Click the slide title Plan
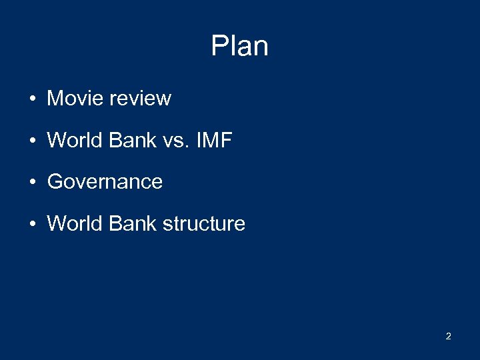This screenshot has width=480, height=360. (x=239, y=47)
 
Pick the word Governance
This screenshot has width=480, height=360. (x=105, y=182)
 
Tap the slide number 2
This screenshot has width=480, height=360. (x=448, y=336)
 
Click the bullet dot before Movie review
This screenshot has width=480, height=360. (x=32, y=99)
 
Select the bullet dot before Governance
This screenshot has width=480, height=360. (x=32, y=183)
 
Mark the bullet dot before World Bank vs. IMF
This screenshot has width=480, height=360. (x=32, y=141)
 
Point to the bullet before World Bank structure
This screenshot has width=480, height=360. (x=32, y=225)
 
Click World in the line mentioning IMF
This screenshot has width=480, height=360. (x=71, y=140)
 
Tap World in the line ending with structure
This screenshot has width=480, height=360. (x=71, y=223)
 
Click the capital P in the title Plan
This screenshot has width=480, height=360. (x=219, y=47)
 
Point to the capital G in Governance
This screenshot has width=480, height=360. (x=54, y=182)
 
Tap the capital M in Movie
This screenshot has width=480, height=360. (x=54, y=99)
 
